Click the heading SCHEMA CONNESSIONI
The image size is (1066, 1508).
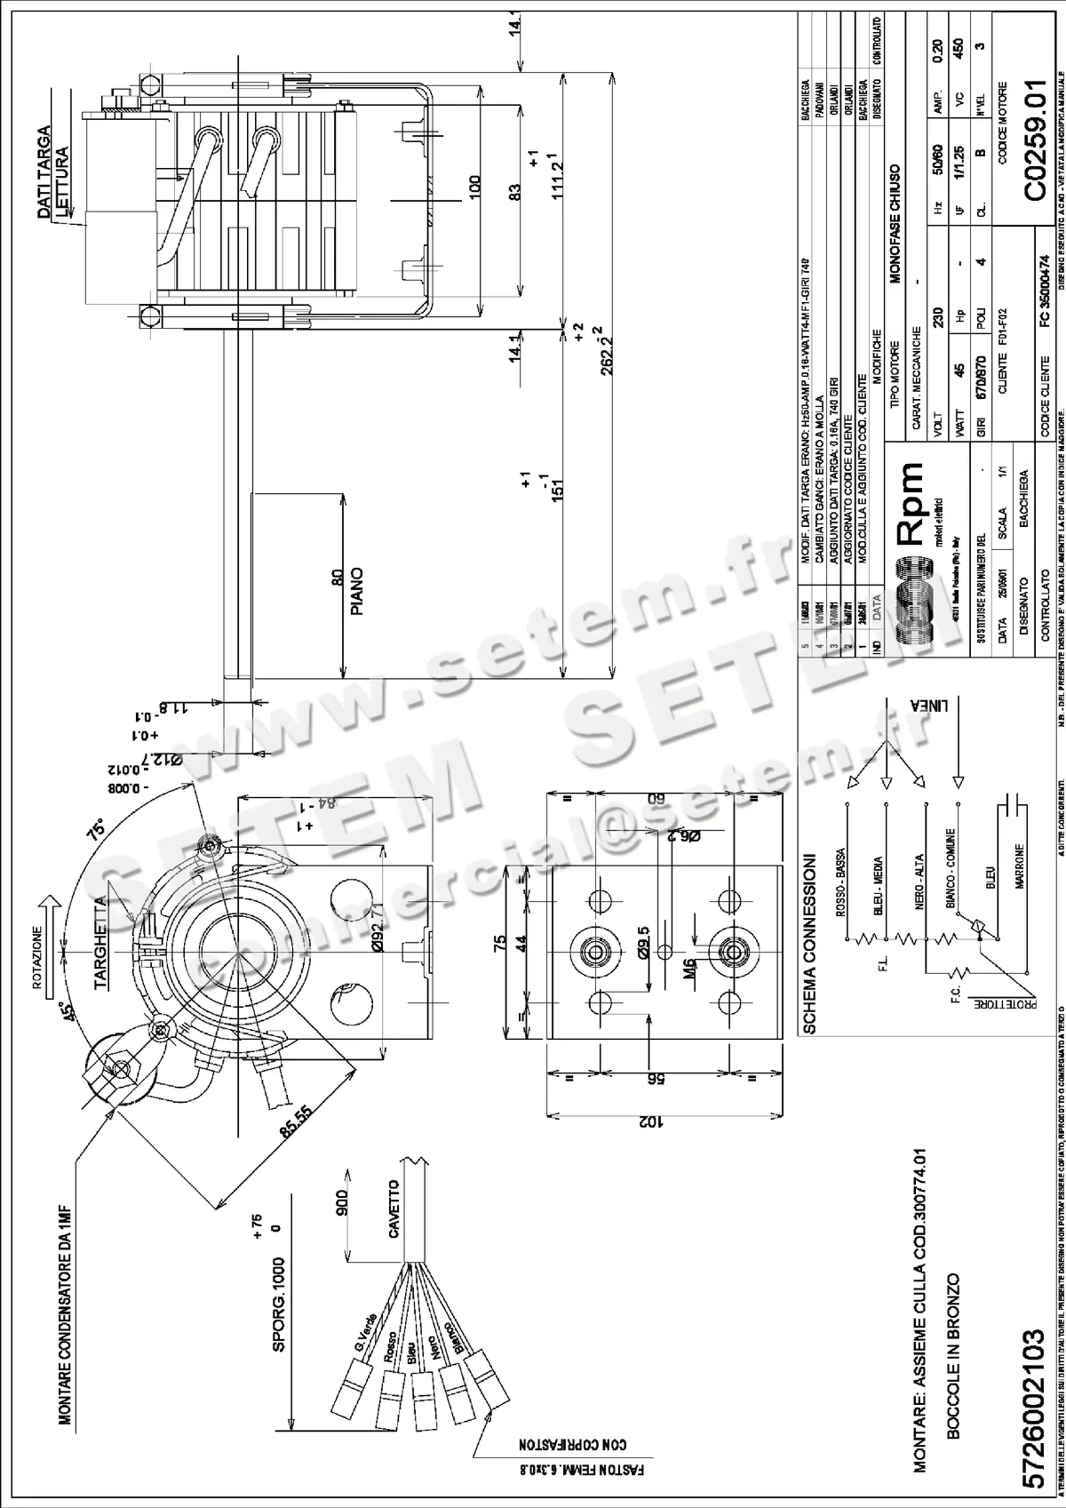click(x=809, y=943)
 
